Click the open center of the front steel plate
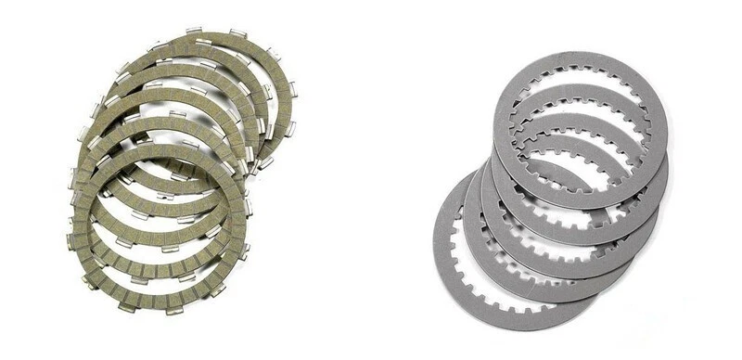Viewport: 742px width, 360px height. (580, 130)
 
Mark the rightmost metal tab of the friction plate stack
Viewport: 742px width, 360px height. (293, 93)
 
